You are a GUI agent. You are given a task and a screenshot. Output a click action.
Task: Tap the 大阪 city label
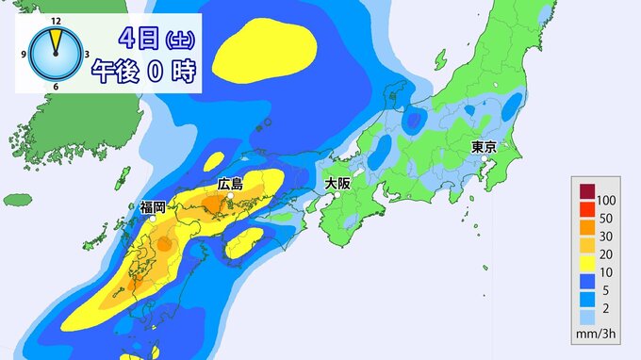point(337,183)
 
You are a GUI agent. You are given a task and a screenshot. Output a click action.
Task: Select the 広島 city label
point(230,185)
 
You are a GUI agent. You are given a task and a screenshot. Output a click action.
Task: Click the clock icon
point(56,56)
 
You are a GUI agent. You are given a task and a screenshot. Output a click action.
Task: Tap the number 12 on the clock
point(56,20)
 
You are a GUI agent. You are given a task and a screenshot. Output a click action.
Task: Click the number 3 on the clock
point(88,55)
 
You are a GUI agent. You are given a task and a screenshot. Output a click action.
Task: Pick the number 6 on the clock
point(56,87)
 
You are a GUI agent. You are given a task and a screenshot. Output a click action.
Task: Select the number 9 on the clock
point(24,55)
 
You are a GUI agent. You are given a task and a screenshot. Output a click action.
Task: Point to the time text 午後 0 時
point(153,72)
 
